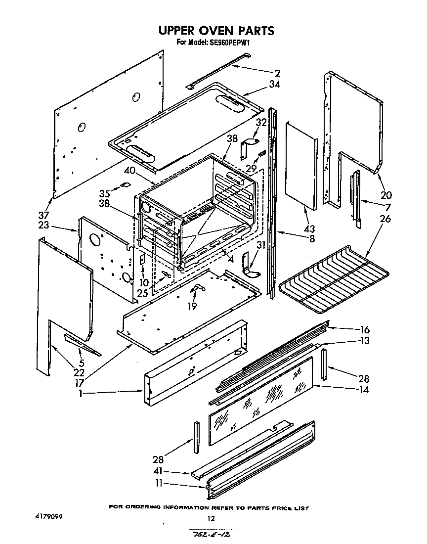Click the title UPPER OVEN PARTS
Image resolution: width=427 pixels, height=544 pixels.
click(216, 31)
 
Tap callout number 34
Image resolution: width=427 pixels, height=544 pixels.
click(275, 85)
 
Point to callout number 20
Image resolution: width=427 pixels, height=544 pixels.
click(385, 194)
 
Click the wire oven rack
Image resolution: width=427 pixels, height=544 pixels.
click(334, 279)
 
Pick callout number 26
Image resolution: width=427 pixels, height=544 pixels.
click(385, 218)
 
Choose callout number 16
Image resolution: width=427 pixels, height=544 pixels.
click(365, 329)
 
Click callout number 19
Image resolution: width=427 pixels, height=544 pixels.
click(192, 306)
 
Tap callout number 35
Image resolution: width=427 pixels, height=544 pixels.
click(104, 193)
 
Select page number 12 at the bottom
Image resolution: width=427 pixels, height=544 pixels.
click(211, 519)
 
